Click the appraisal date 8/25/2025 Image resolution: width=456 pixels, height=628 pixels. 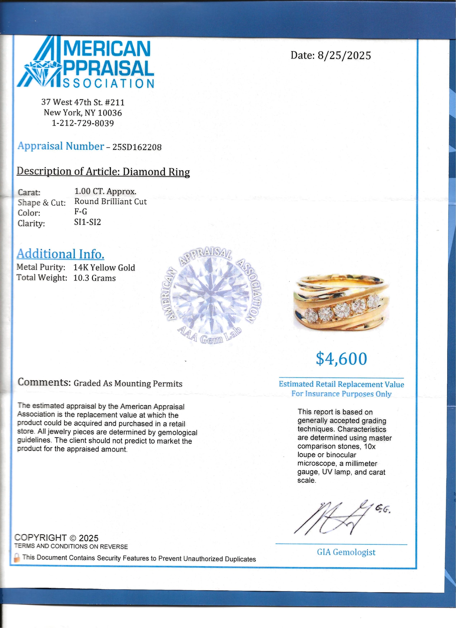click(x=344, y=56)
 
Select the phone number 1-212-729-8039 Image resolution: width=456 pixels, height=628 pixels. click(x=83, y=123)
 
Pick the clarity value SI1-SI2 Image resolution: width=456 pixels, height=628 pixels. click(x=87, y=222)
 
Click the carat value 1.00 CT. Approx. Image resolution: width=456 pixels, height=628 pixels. click(x=105, y=191)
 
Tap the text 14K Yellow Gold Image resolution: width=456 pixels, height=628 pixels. click(x=104, y=267)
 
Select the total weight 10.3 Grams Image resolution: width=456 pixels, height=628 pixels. click(x=94, y=278)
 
